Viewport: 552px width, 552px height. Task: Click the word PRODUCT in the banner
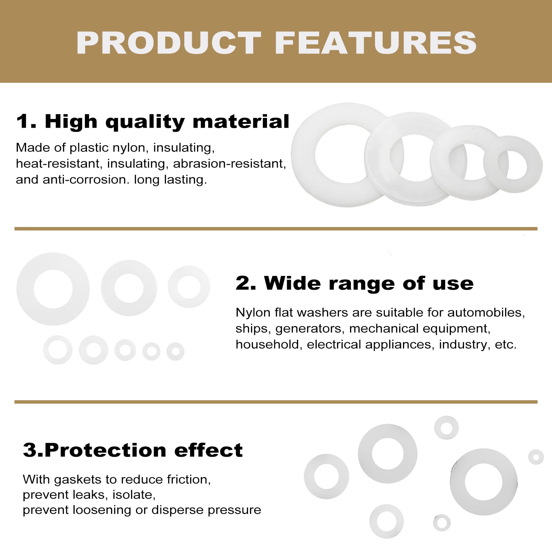pos(169,43)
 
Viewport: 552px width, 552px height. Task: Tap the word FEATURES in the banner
pos(375,43)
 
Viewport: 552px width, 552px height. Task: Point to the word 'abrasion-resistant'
pos(229,164)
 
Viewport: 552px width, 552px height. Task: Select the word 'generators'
pos(310,328)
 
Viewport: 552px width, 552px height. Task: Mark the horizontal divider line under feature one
pos(276,229)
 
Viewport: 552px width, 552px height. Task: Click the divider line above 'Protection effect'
pos(276,402)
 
